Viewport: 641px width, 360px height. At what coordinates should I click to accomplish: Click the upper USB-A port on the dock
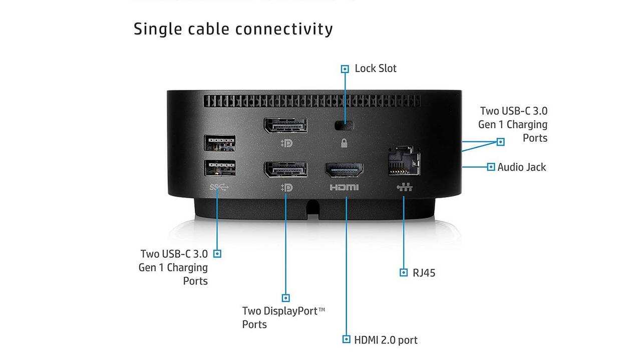pos(220,143)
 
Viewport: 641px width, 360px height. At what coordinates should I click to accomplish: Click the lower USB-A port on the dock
pos(220,168)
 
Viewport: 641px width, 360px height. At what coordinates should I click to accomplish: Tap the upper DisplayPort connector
pos(286,125)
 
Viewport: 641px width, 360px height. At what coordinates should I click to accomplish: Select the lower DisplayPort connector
pos(286,169)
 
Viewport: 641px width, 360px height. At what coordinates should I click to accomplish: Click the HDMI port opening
pos(344,170)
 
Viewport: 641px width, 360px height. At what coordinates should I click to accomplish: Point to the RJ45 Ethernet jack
pos(404,161)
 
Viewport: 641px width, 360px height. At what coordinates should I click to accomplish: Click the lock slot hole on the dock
pos(344,125)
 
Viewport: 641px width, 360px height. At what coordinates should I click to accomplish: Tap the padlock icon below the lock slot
pos(344,143)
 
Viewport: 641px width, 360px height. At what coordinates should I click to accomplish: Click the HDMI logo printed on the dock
pos(344,187)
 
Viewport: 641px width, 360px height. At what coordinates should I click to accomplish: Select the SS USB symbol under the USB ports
pos(219,187)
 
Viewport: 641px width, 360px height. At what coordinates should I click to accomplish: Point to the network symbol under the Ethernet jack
pos(404,187)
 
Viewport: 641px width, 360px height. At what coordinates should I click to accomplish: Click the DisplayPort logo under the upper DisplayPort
pos(287,143)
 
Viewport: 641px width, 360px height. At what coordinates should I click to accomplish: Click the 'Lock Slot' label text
pos(376,69)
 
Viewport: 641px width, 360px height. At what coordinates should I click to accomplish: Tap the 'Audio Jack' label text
pos(521,167)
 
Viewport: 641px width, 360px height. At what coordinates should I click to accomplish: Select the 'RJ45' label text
pos(424,273)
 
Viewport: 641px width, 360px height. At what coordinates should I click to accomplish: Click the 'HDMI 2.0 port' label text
pos(386,340)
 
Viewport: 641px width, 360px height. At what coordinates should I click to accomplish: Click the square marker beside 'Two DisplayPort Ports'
pos(285,298)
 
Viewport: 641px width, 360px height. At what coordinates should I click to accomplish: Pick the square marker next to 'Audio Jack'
pos(491,167)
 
